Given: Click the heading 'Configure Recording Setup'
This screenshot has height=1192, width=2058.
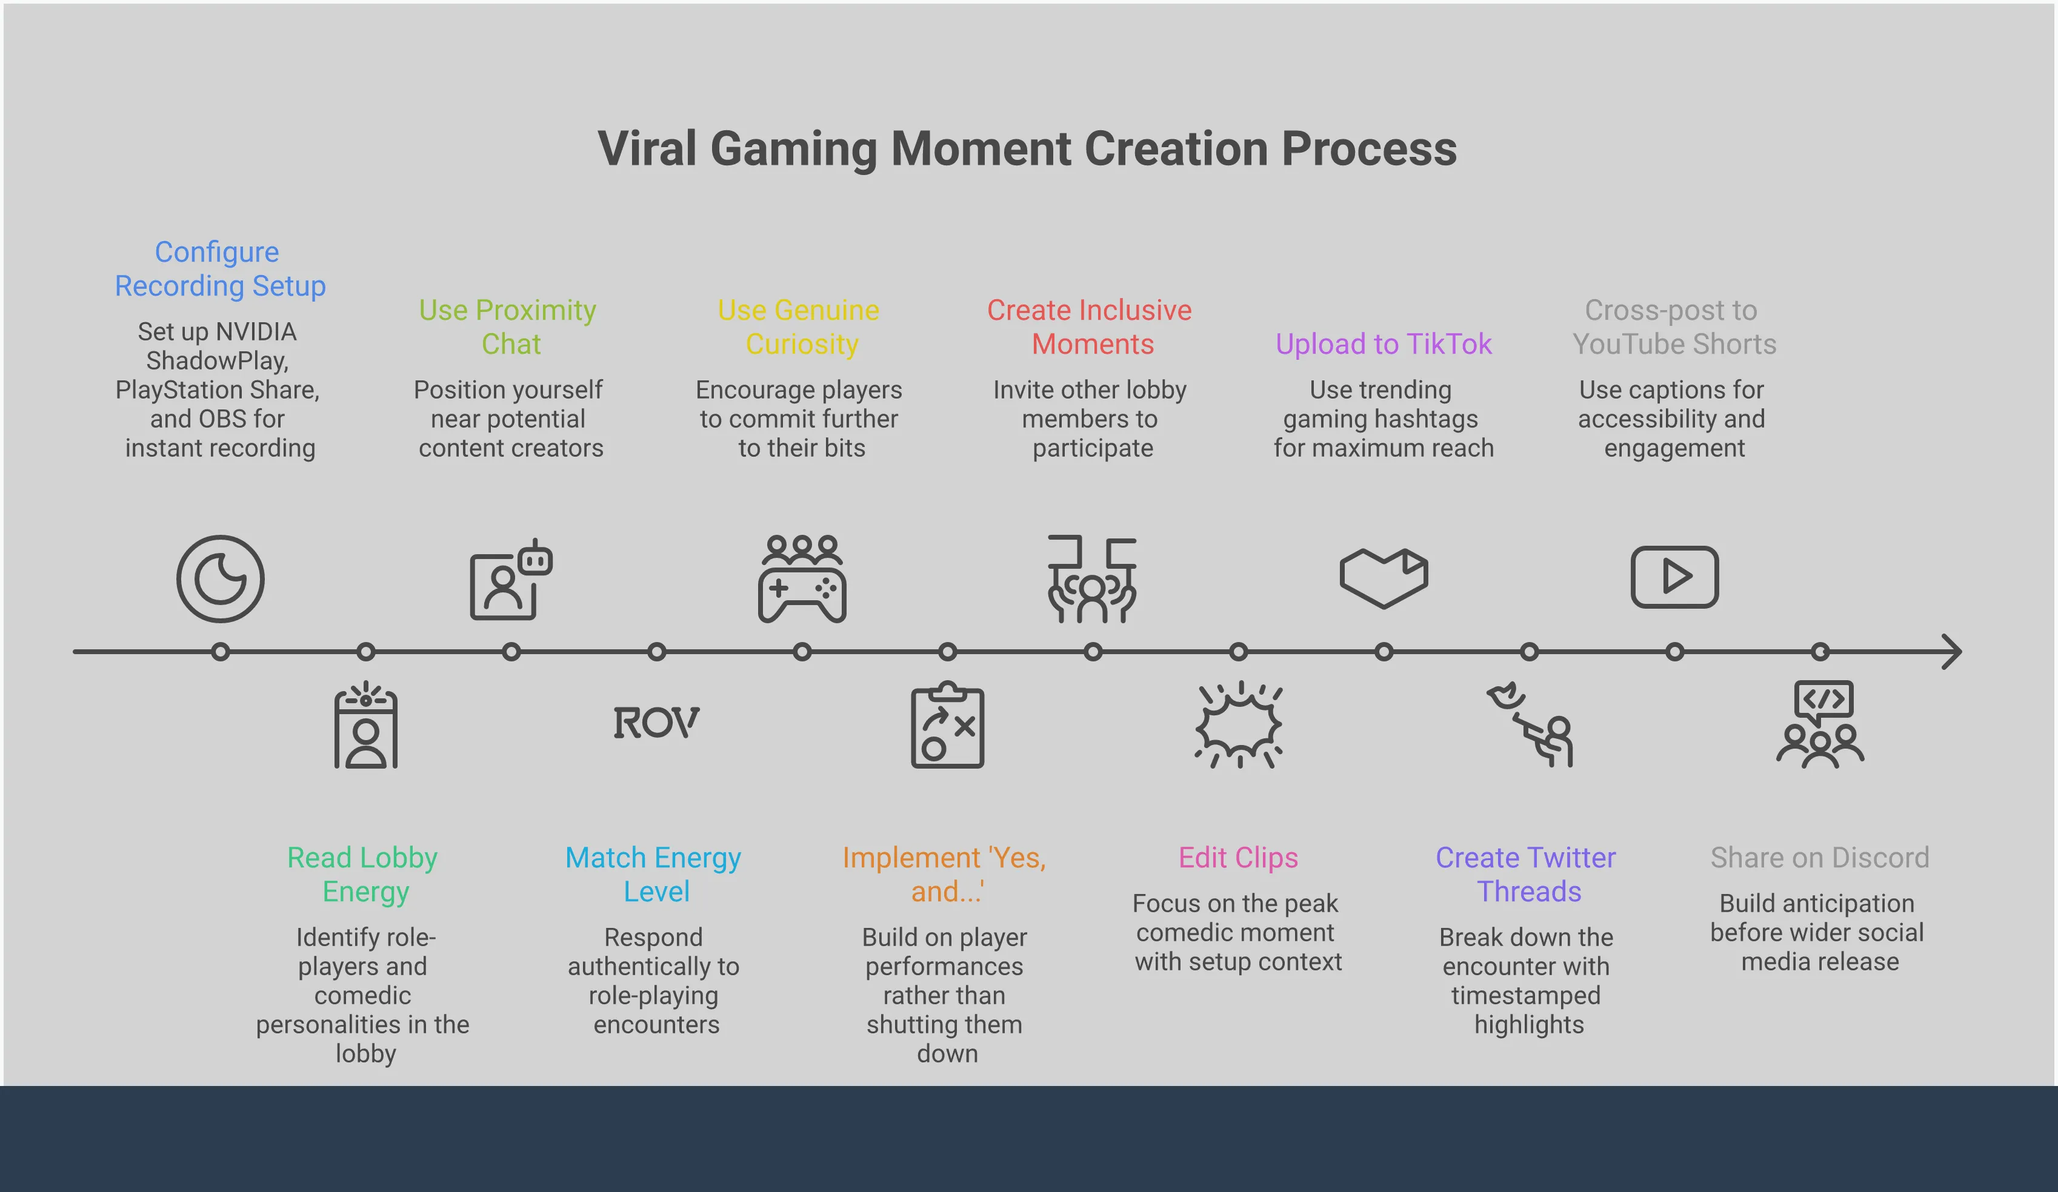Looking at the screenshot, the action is click(220, 268).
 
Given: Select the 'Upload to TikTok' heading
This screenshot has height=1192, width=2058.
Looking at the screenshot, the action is click(1384, 343).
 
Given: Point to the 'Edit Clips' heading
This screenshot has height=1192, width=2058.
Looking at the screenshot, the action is click(1238, 857).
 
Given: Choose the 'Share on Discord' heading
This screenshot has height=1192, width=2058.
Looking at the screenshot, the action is click(1819, 857).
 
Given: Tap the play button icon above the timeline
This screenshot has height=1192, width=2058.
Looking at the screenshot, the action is click(1675, 577).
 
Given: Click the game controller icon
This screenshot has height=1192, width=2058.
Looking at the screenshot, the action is click(802, 579).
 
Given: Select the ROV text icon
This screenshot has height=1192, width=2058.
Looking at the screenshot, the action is click(656, 723).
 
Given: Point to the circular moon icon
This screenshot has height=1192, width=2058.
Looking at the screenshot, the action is click(221, 579).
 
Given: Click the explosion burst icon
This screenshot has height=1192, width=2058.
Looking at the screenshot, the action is click(1239, 724).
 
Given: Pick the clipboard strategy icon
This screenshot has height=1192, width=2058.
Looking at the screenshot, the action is click(947, 724).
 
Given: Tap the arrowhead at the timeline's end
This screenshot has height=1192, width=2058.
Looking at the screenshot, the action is click(1953, 652).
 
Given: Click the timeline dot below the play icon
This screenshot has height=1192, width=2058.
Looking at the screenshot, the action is click(1675, 652).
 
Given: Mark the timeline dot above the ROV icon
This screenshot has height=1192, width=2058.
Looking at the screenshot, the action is click(656, 652).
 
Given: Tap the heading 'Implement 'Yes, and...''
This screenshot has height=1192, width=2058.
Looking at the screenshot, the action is click(945, 875).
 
